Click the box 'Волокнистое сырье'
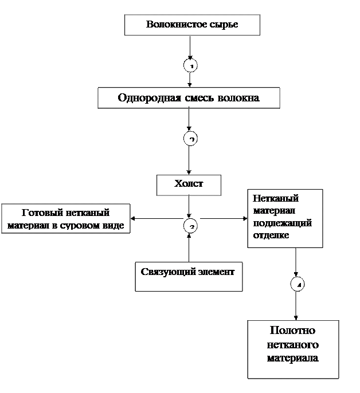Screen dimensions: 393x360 coord(192,25)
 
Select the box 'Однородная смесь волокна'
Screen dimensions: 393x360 coord(189,97)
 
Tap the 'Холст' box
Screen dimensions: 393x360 coord(189,184)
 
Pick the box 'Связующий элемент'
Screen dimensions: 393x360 coord(188,277)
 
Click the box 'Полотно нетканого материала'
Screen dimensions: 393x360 coord(292,348)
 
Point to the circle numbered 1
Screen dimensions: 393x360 coord(190,66)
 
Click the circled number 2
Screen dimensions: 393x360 coord(190,139)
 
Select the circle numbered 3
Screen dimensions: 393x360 coord(190,226)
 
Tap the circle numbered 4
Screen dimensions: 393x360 coord(297,284)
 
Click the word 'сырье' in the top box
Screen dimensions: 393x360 coord(224,25)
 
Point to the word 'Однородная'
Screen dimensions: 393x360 coord(150,97)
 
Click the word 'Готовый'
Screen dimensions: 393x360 coord(41,213)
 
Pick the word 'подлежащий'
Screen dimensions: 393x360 coord(282,223)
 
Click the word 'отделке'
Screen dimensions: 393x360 coord(271,235)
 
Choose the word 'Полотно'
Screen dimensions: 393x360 coord(292,331)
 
